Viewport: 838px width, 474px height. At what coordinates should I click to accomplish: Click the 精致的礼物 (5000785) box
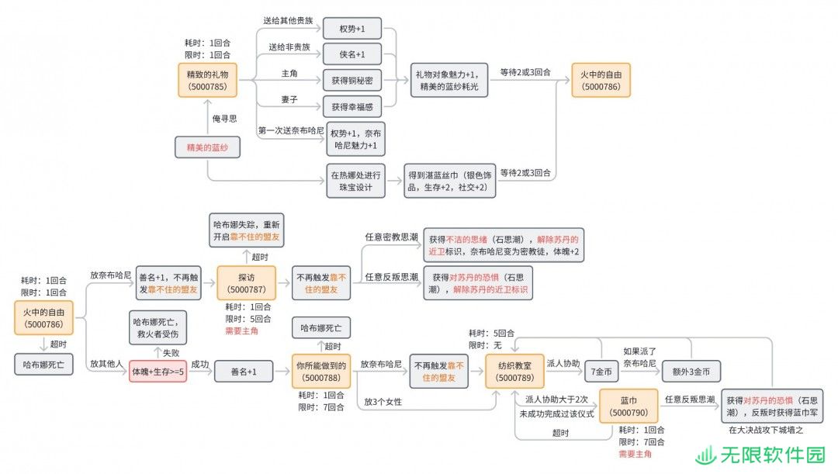point(207,80)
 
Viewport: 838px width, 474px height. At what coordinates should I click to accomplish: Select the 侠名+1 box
point(352,54)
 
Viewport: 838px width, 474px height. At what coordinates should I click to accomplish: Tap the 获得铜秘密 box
point(352,80)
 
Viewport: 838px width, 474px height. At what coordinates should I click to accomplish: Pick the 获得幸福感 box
point(352,107)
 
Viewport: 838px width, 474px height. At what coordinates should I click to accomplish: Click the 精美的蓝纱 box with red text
point(207,147)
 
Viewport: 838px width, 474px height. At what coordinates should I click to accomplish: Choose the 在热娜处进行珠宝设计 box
point(355,182)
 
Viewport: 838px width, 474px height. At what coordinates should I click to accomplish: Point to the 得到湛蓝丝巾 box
point(449,182)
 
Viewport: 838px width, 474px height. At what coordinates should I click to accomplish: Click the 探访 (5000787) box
point(247,283)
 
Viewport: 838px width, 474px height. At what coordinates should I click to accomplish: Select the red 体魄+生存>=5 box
point(158,372)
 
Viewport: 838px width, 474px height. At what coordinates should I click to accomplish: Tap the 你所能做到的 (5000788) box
point(321,372)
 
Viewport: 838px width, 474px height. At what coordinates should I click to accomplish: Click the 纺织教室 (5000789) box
point(514,372)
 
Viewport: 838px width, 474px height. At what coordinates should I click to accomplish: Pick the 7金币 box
point(601,372)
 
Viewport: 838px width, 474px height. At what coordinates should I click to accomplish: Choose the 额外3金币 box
point(691,372)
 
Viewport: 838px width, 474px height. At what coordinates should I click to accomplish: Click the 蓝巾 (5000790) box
point(628,407)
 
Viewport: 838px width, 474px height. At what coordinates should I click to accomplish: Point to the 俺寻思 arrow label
point(224,119)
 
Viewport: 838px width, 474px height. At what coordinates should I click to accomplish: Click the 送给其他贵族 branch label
point(288,20)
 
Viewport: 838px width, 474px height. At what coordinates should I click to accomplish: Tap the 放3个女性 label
point(383,402)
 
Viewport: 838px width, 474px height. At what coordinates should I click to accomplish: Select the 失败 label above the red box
point(171,353)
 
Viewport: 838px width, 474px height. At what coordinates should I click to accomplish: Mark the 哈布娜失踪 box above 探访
point(247,230)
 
